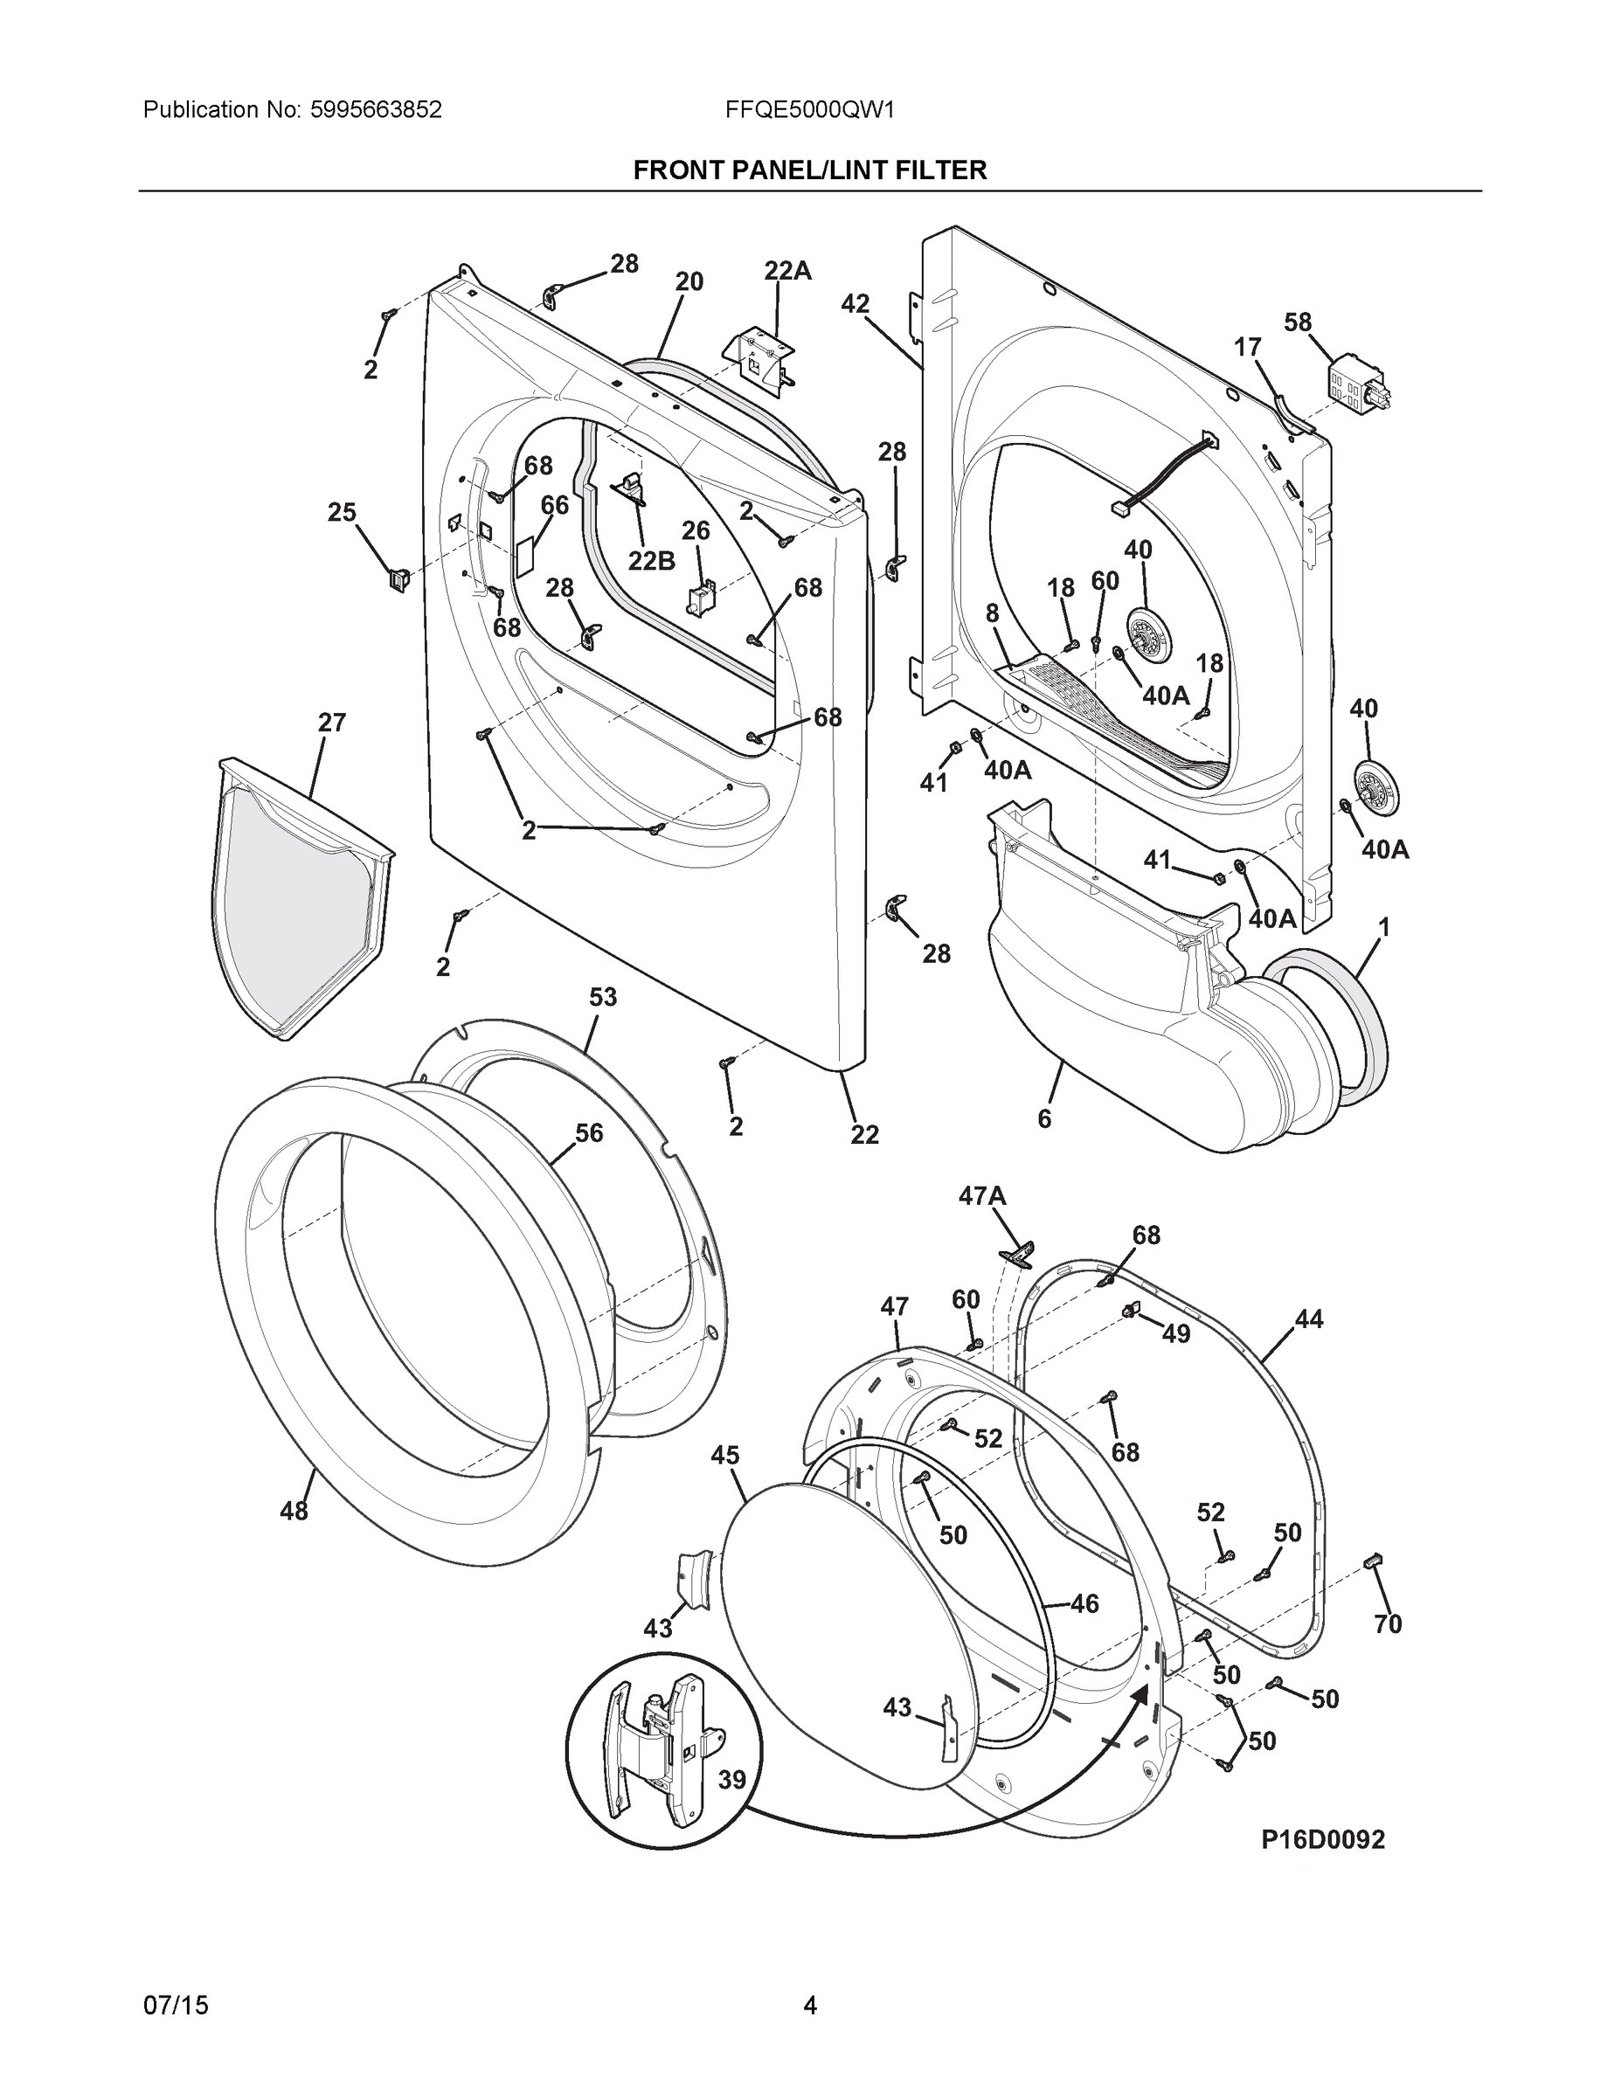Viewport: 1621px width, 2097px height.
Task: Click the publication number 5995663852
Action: pyautogui.click(x=376, y=110)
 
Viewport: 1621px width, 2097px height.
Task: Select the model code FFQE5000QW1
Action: pyautogui.click(x=809, y=110)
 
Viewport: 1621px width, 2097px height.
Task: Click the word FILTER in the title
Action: pyautogui.click(x=938, y=171)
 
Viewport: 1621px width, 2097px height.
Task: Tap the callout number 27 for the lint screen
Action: pyautogui.click(x=331, y=722)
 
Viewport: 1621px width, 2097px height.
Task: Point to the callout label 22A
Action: pyautogui.click(x=787, y=272)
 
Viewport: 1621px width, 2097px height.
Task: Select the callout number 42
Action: pyautogui.click(x=855, y=304)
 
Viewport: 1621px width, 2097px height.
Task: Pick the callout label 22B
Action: pyautogui.click(x=651, y=561)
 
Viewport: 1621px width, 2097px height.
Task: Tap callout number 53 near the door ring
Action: pyautogui.click(x=602, y=998)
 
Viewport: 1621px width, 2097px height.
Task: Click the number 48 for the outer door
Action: pyautogui.click(x=294, y=1511)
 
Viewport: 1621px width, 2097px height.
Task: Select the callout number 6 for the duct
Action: pyautogui.click(x=1044, y=1118)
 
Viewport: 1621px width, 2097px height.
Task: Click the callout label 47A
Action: pyautogui.click(x=981, y=1195)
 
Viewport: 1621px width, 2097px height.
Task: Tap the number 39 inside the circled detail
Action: pyautogui.click(x=731, y=1779)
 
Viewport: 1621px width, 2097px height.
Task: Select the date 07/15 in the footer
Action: pyautogui.click(x=175, y=2006)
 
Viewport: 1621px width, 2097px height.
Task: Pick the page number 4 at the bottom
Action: pyautogui.click(x=809, y=2006)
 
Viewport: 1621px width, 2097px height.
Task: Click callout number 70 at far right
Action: pyautogui.click(x=1388, y=1623)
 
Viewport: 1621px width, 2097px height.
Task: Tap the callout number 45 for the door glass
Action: pyautogui.click(x=725, y=1456)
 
